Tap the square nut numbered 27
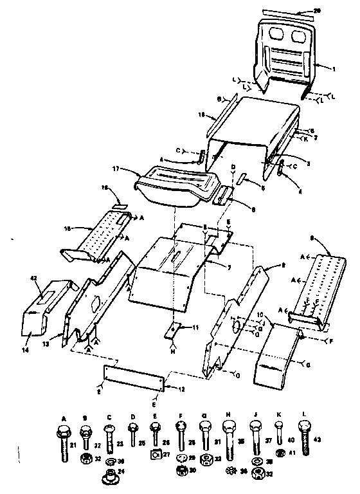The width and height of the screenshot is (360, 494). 155,456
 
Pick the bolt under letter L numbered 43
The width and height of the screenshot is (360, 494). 304,437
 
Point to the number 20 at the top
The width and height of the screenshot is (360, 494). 334,10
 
